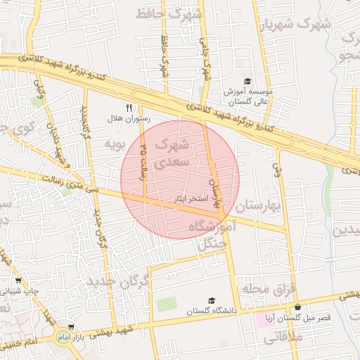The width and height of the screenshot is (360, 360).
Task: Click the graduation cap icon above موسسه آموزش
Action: click(247, 82)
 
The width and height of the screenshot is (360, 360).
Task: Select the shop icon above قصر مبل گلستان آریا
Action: click(298, 307)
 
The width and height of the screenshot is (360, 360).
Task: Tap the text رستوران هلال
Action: click(129, 120)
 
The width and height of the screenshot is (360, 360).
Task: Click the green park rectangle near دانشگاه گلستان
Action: click(167, 304)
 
